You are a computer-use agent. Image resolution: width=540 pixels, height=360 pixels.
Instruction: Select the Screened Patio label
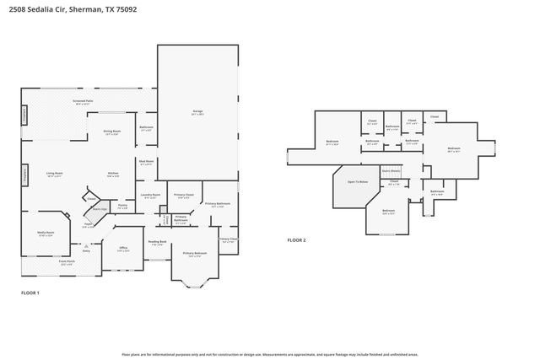tap(82, 101)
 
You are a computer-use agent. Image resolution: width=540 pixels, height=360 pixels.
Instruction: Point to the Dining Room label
tap(112, 132)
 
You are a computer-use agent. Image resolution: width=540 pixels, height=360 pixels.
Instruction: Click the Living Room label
tap(55, 175)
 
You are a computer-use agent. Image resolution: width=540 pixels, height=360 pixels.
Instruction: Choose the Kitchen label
tap(112, 175)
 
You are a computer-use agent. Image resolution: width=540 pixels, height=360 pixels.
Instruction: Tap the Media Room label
tap(46, 234)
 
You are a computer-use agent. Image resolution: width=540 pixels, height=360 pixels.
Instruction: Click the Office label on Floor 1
tap(123, 250)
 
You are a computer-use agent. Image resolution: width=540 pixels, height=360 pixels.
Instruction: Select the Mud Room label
tap(146, 162)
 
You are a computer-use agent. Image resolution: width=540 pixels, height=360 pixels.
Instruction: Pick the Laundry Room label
tap(151, 196)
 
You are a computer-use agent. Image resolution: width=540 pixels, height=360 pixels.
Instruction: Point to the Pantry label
tap(122, 206)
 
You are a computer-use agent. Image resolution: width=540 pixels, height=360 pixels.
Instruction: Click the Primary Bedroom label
tap(195, 253)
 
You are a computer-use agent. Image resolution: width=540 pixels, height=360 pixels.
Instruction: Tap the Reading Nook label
tap(158, 243)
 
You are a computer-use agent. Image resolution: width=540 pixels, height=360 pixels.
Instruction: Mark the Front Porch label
tap(67, 262)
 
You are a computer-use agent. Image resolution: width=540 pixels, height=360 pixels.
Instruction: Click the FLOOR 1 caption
tap(30, 293)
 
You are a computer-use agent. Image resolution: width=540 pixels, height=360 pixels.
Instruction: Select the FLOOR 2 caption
tap(296, 240)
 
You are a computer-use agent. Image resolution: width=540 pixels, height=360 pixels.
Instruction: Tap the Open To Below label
tap(358, 182)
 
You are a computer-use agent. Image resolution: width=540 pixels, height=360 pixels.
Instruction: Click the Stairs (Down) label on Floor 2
tap(390, 170)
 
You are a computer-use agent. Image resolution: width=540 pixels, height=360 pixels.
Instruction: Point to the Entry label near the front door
tap(86, 250)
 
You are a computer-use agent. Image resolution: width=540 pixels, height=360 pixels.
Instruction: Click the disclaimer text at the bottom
tap(270, 354)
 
